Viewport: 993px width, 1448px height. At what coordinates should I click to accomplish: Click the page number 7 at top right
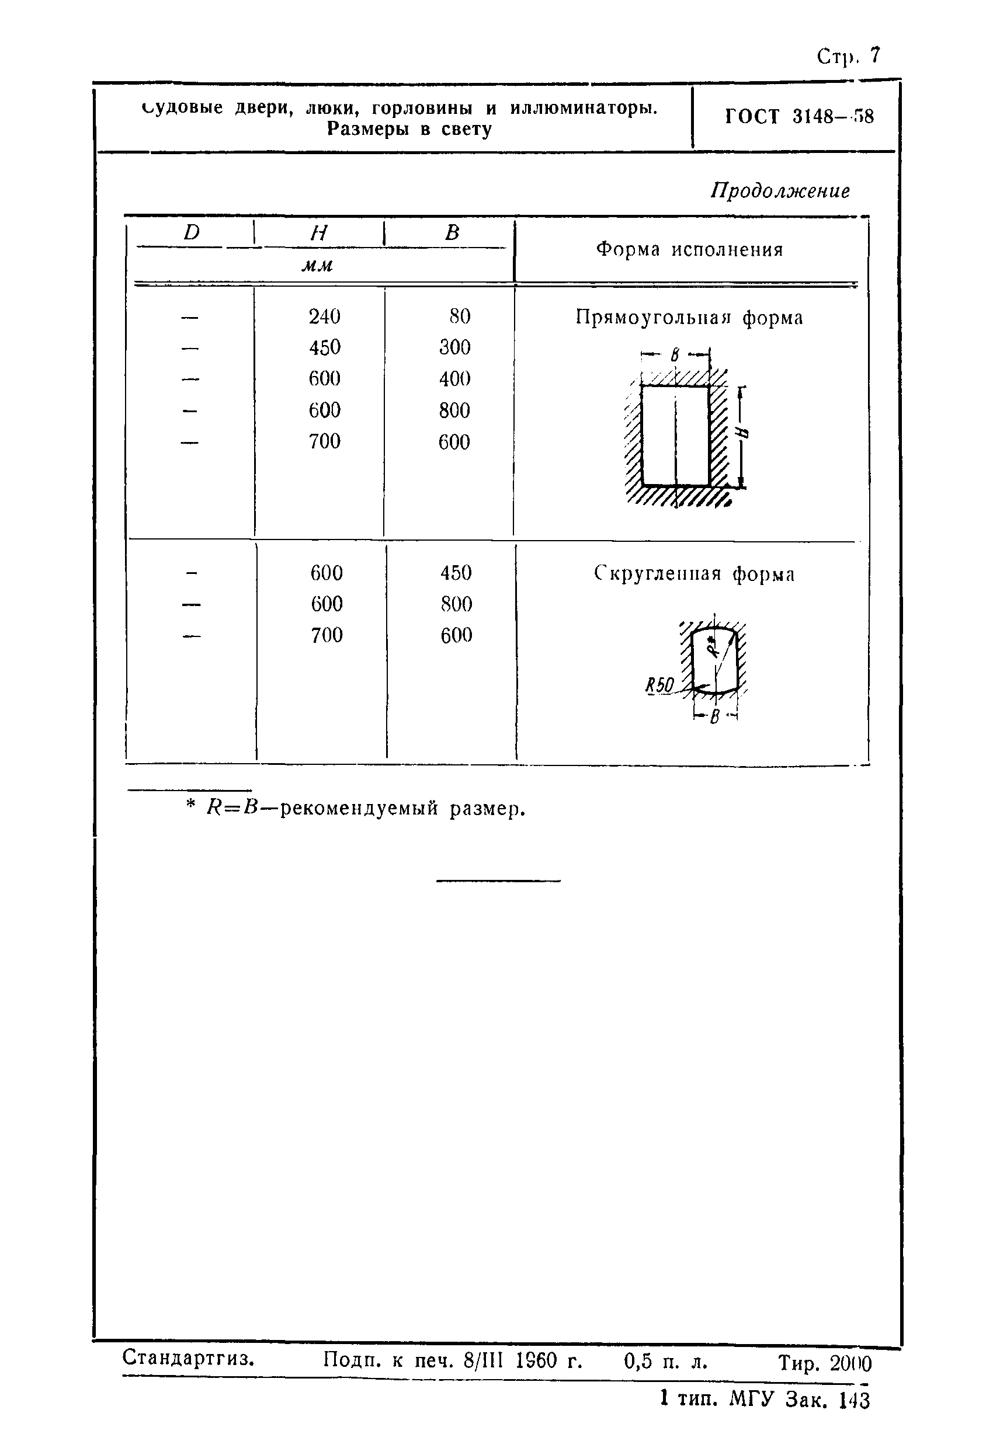tap(875, 55)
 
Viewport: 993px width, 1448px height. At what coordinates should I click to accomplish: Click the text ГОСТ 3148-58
tap(799, 117)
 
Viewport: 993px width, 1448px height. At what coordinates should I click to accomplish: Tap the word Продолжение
tap(780, 191)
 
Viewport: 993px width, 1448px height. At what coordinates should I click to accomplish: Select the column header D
tap(192, 232)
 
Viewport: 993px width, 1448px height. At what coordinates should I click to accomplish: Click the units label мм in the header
tap(317, 266)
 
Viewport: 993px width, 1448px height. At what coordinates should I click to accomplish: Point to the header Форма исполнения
tap(689, 250)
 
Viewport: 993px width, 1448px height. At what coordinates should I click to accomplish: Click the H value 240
tap(324, 316)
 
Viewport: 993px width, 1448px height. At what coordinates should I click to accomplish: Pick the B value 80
tap(460, 316)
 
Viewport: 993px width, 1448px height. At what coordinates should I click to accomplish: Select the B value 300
tap(454, 347)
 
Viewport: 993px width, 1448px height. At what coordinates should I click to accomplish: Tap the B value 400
tap(454, 378)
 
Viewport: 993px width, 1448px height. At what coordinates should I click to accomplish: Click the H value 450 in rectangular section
tap(324, 347)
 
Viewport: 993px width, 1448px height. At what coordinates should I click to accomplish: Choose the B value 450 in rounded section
tap(456, 573)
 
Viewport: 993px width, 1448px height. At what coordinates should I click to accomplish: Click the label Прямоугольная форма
tap(689, 318)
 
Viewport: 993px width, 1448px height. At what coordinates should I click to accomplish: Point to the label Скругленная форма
tap(694, 574)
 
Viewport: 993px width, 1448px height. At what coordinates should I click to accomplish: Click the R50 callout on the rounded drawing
tap(659, 686)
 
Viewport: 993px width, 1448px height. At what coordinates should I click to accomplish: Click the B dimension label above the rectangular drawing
tap(674, 355)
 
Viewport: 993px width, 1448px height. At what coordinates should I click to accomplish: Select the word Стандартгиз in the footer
tap(188, 1357)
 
